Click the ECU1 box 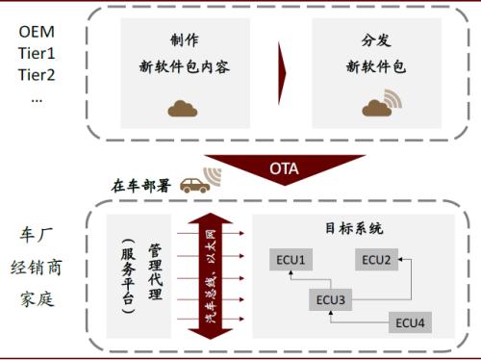291,261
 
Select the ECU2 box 377,259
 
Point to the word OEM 37,33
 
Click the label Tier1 37,55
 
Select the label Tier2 37,76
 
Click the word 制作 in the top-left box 184,41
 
